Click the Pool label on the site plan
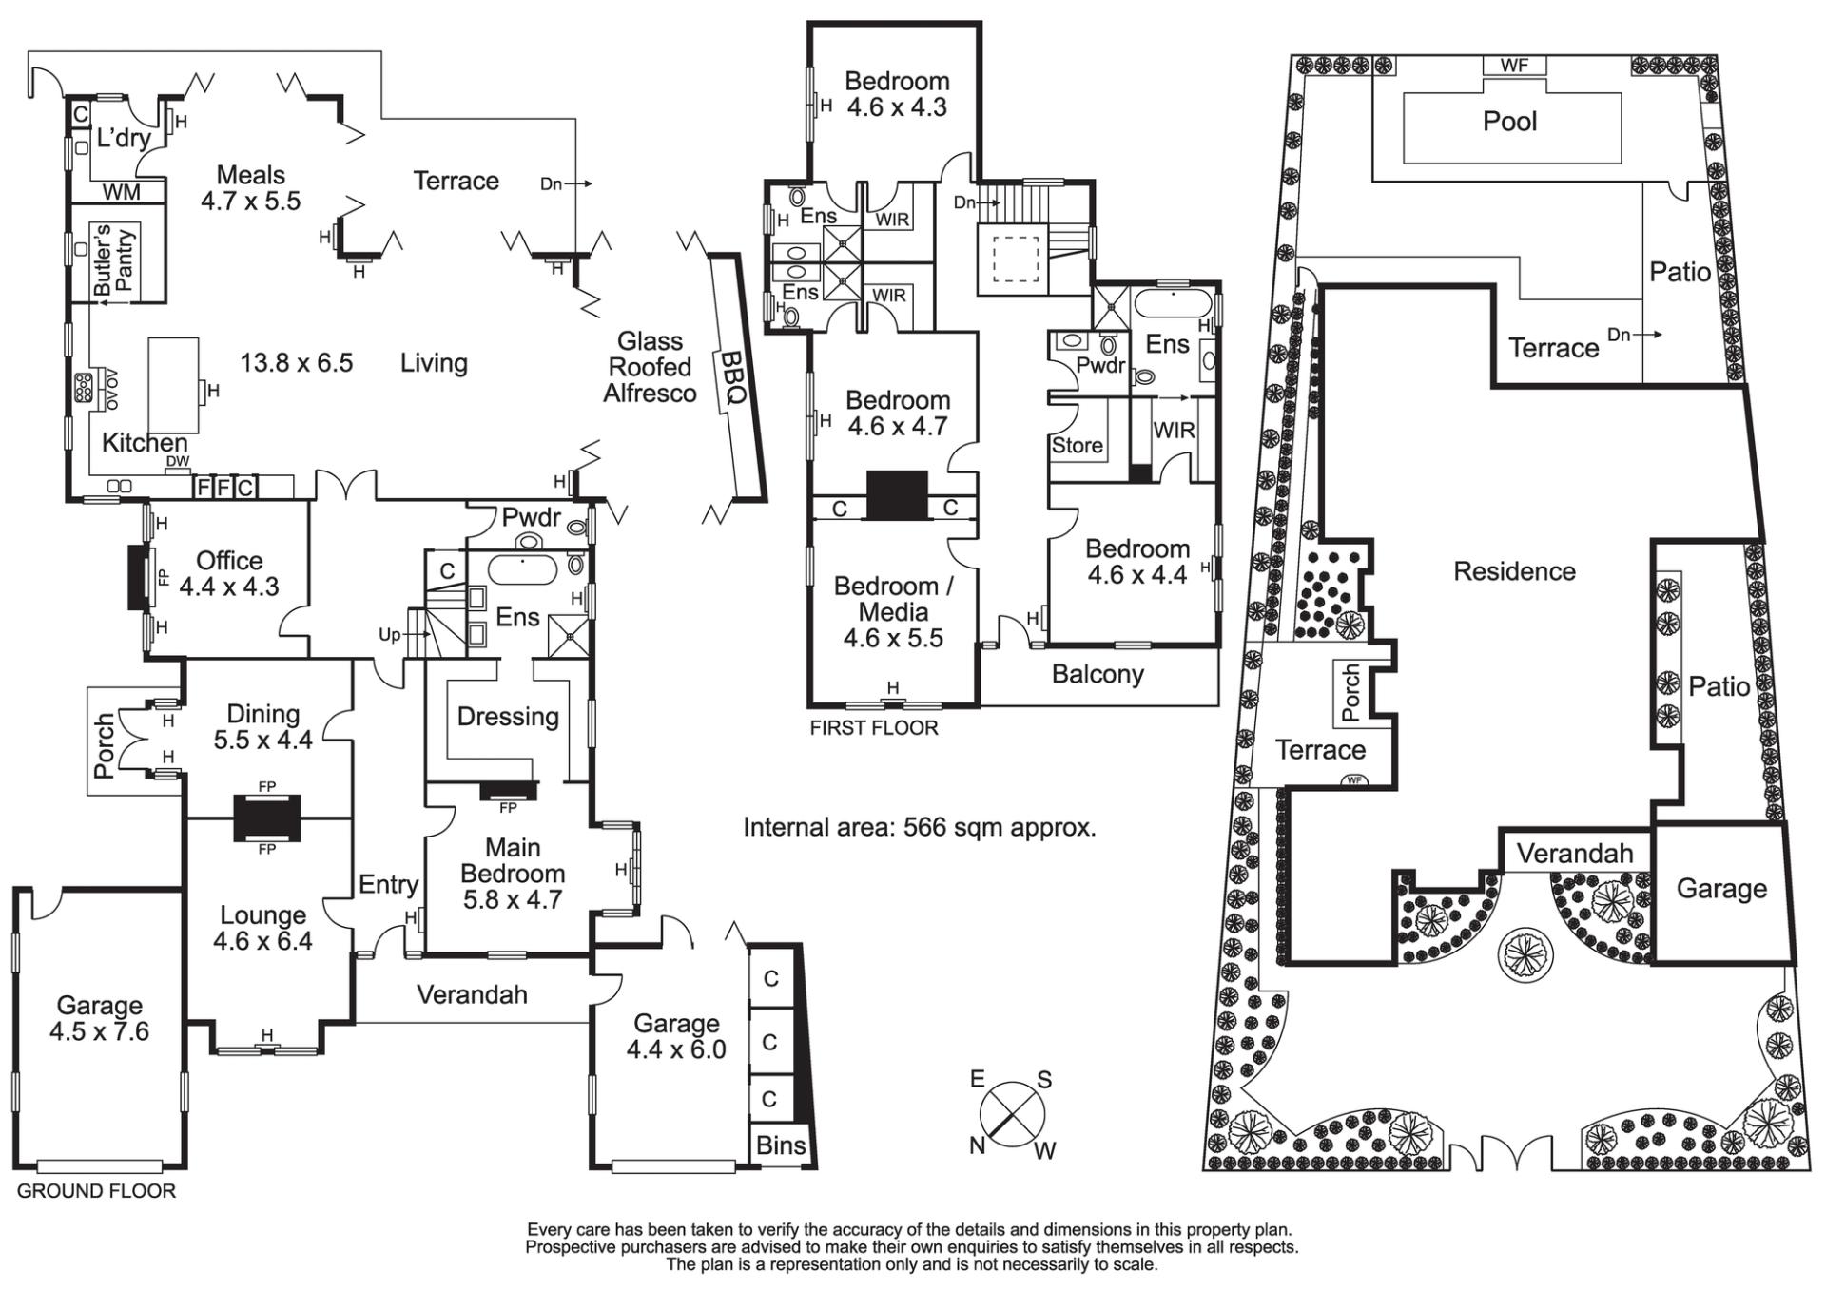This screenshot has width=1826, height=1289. [1509, 122]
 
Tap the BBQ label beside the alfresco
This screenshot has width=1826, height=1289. [732, 378]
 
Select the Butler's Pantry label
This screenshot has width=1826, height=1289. [114, 260]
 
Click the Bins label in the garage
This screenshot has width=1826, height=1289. [781, 1145]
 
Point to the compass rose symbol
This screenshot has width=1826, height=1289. [1012, 1114]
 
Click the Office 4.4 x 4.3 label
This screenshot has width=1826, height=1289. [229, 573]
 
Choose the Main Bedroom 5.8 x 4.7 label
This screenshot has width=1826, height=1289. [513, 873]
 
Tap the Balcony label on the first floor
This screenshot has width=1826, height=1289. [1098, 675]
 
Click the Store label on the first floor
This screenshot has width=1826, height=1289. [1077, 445]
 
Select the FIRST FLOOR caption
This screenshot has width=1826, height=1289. [873, 728]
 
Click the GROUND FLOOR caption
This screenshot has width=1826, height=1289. [96, 1191]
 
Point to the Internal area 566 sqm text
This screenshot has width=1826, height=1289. [919, 827]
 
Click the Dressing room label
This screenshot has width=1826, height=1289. [508, 716]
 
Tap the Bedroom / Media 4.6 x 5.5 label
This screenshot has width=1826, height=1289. [893, 612]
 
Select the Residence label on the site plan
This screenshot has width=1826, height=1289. [1514, 571]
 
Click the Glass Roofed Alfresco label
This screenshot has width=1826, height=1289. [651, 367]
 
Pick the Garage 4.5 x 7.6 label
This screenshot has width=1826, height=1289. [100, 1018]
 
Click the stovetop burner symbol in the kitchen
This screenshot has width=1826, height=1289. [84, 388]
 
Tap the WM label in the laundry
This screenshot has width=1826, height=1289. [121, 192]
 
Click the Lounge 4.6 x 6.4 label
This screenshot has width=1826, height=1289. [262, 928]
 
